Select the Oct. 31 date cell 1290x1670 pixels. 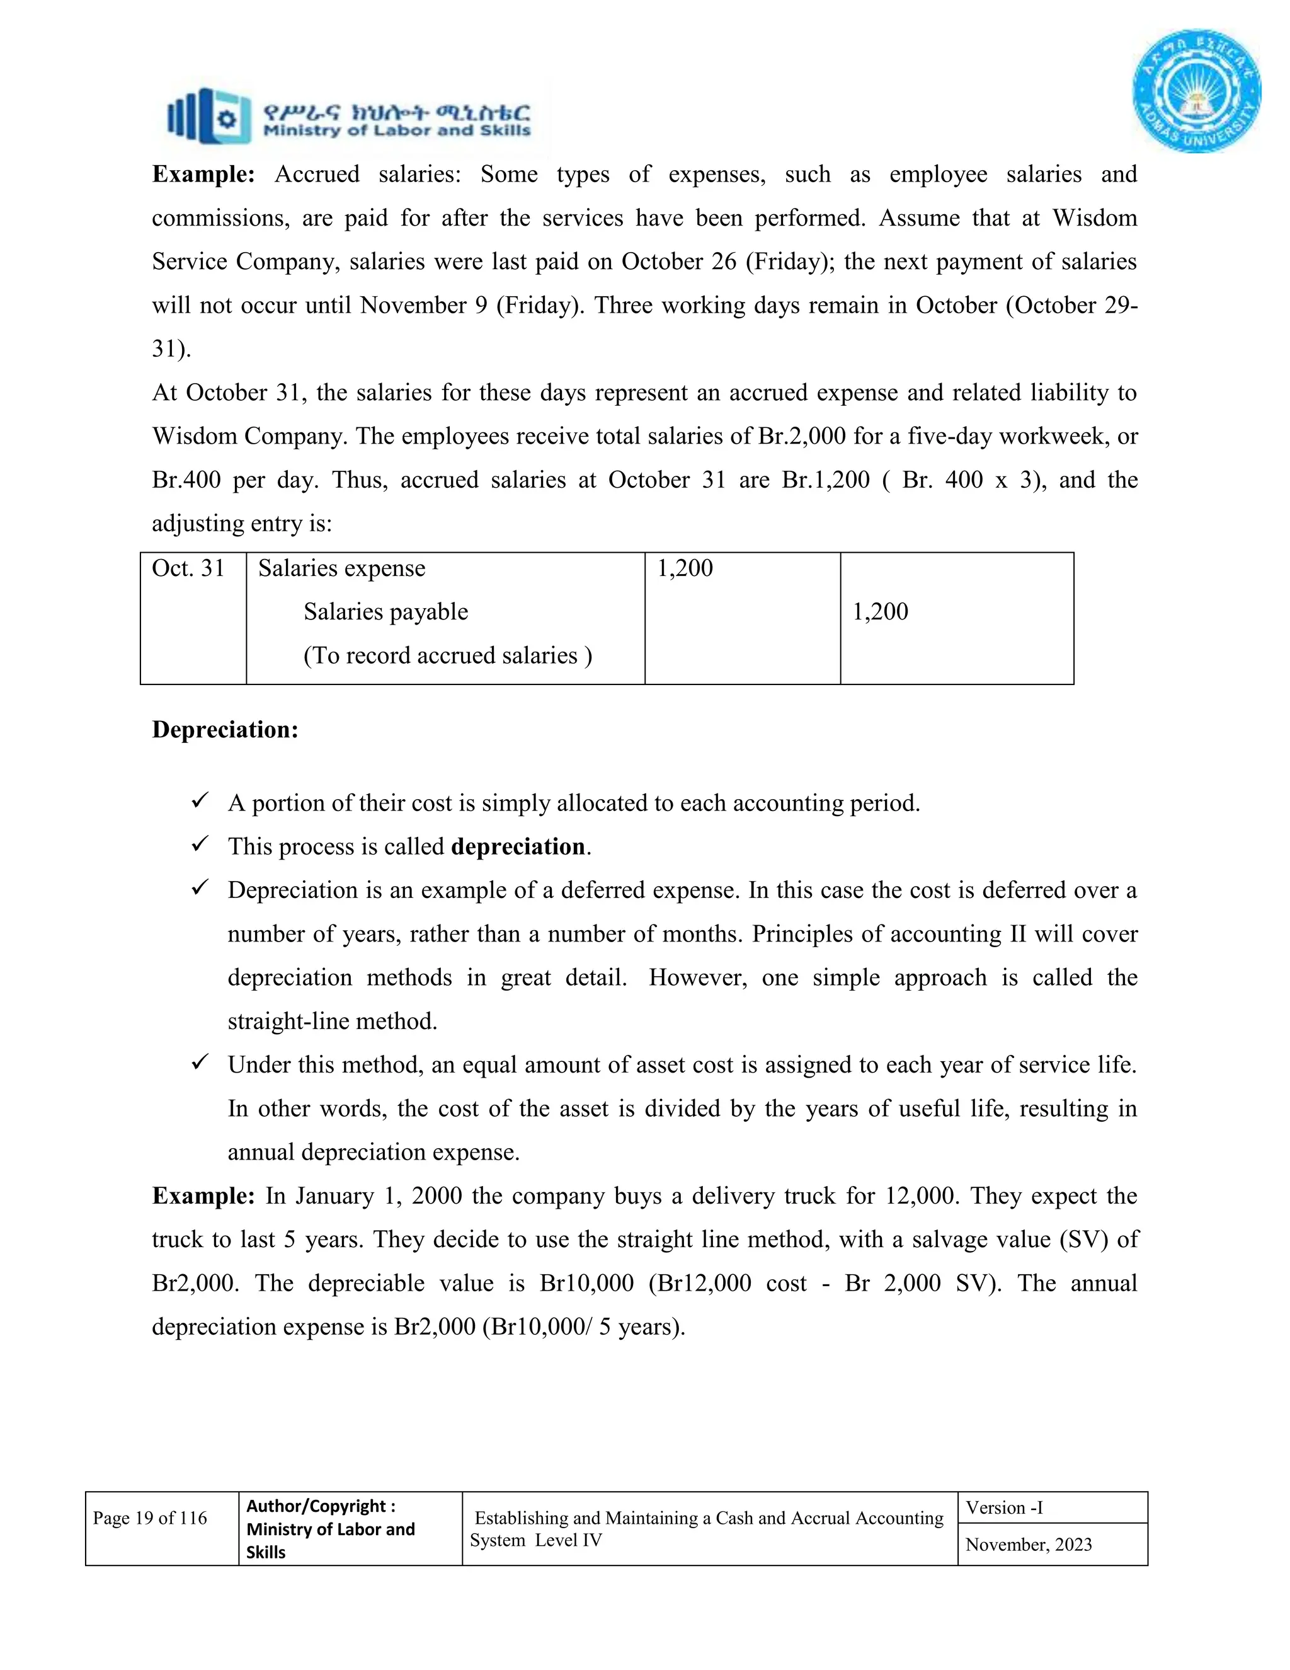tap(188, 569)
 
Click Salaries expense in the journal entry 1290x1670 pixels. tap(341, 569)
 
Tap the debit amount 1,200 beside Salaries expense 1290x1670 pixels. tap(685, 568)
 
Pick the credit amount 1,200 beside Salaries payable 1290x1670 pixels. tap(881, 612)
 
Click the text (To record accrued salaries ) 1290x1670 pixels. tap(448, 655)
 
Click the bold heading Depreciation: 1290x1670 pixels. tap(225, 730)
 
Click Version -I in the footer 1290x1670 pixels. tap(1004, 1508)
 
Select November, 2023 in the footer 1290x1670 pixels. tap(1029, 1545)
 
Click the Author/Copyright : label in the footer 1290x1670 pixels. tap(321, 1506)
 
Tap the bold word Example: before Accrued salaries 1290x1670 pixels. tap(203, 175)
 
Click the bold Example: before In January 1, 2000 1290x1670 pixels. tap(203, 1196)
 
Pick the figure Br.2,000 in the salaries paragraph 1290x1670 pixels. tap(802, 437)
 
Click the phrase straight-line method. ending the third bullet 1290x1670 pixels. tap(333, 1022)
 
